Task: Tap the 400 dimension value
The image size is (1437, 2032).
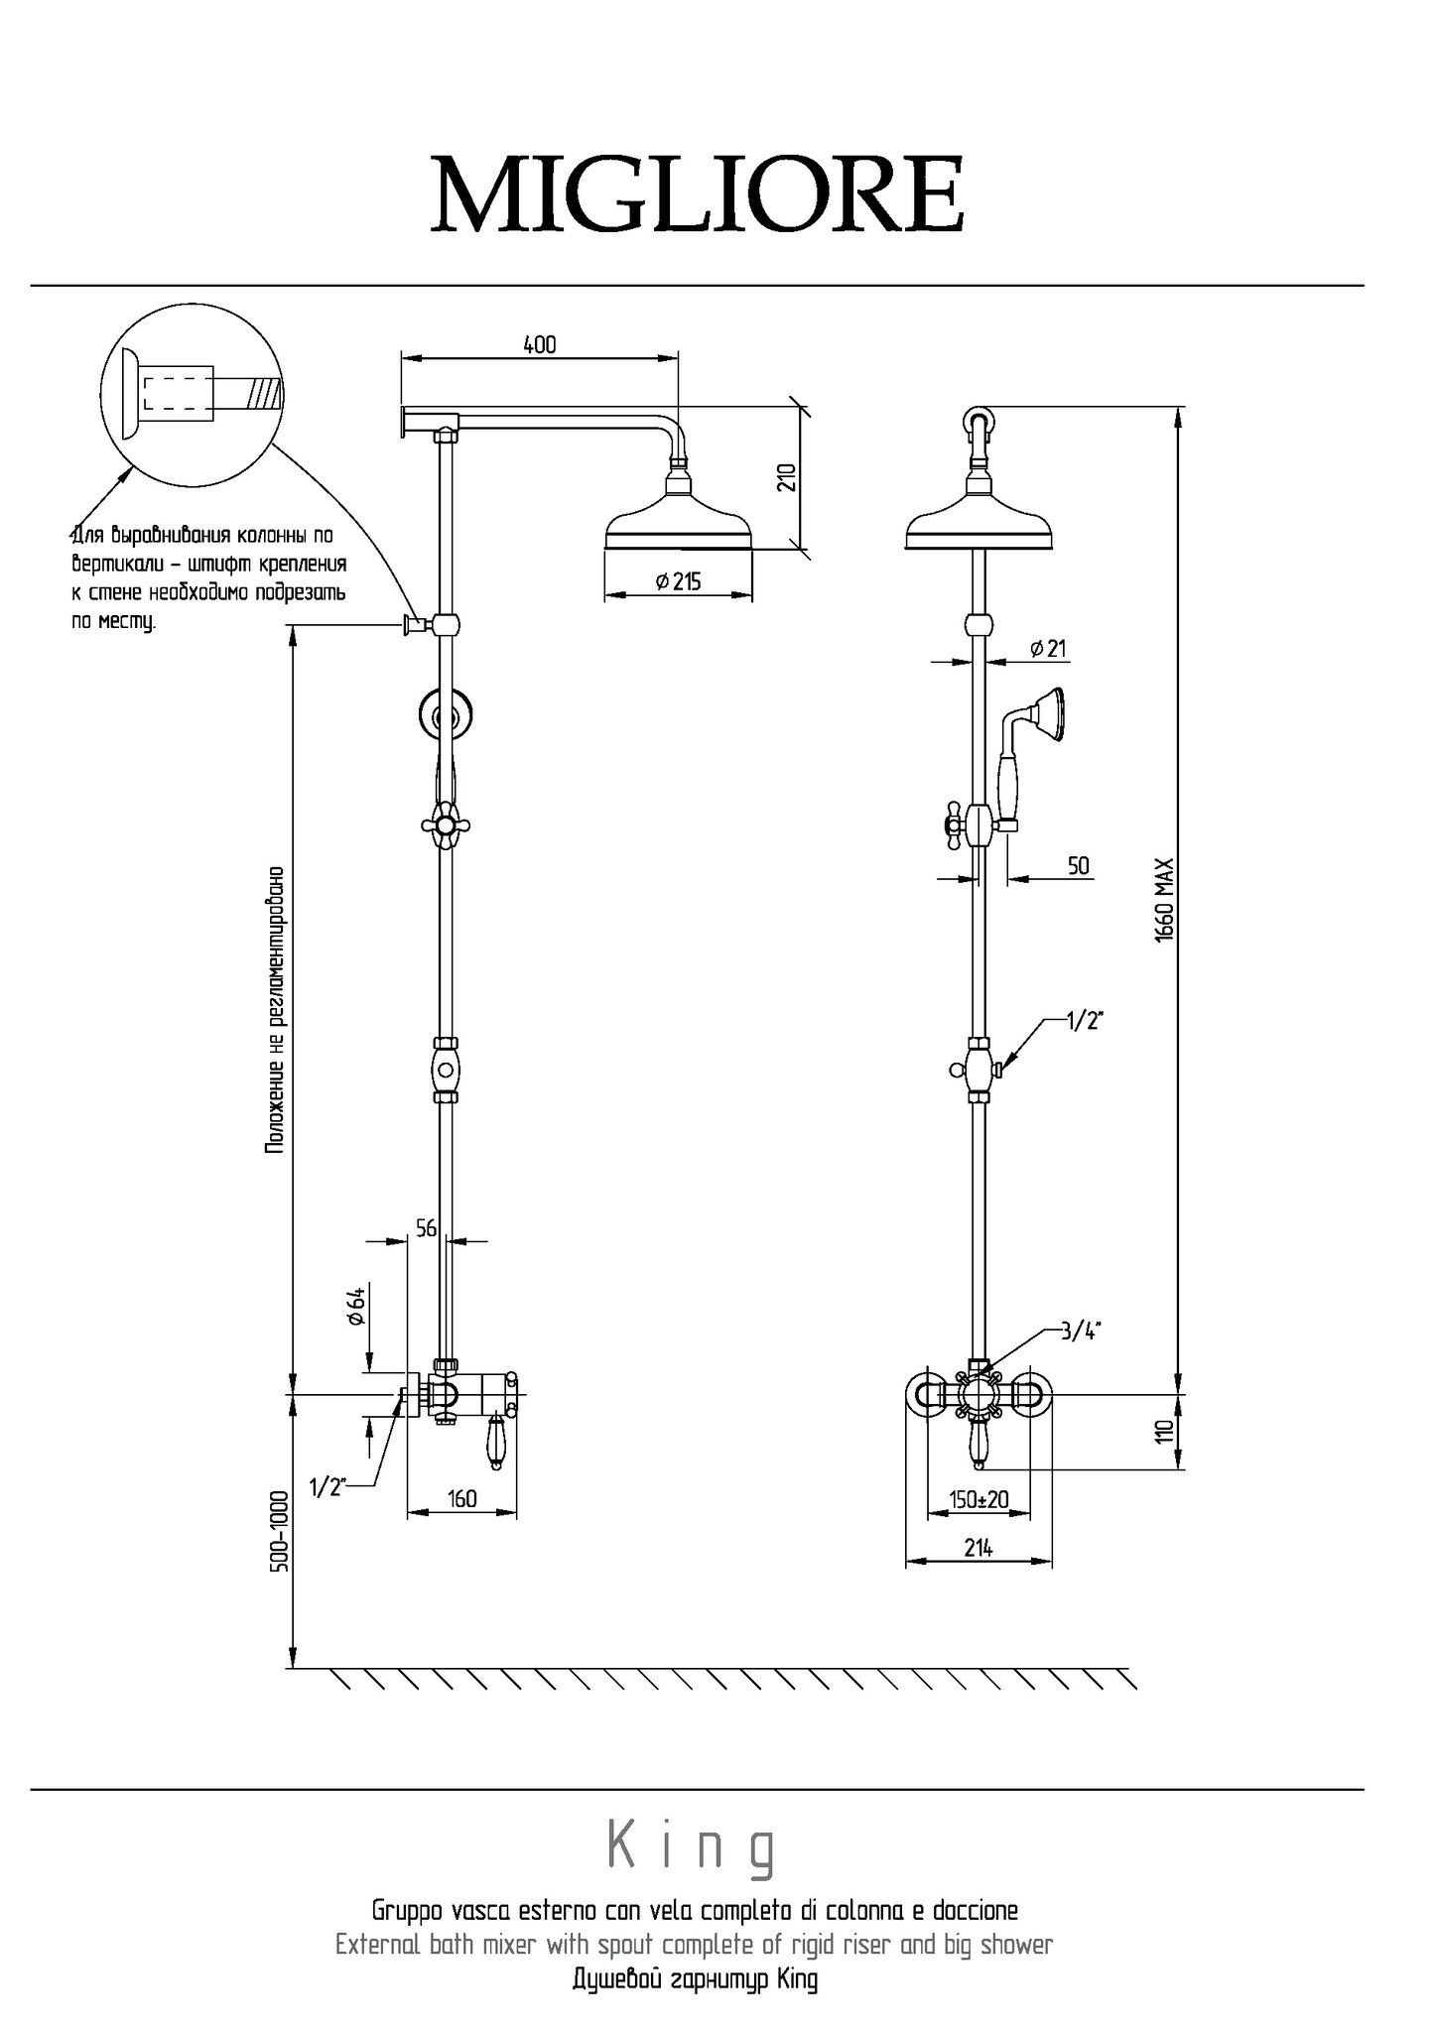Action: pyautogui.click(x=540, y=344)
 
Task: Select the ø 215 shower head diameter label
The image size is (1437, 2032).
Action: pyautogui.click(x=679, y=581)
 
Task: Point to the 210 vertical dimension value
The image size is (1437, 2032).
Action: pyautogui.click(x=787, y=477)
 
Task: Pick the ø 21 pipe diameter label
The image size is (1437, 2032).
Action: pyautogui.click(x=1048, y=649)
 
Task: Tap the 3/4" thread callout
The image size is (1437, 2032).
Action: pyautogui.click(x=1081, y=1332)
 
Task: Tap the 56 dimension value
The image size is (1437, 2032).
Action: pyautogui.click(x=426, y=1228)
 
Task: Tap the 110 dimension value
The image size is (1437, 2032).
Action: pyautogui.click(x=1165, y=1431)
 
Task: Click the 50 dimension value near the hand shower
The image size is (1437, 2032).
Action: pyautogui.click(x=1079, y=865)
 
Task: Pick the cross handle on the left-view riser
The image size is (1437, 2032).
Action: pyautogui.click(x=448, y=824)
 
